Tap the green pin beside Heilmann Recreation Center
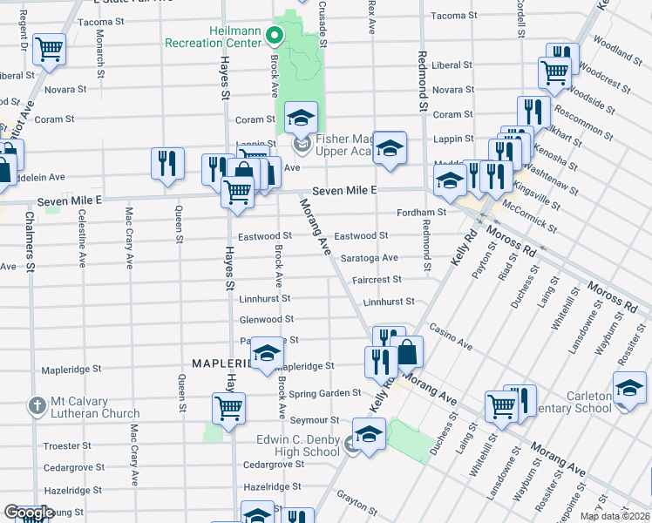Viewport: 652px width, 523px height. [x=275, y=37]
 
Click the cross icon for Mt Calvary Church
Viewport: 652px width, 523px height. [x=37, y=406]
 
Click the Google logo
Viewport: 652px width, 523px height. [x=29, y=513]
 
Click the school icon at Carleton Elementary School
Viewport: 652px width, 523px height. [x=629, y=389]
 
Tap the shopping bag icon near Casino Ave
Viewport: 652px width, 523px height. [x=407, y=351]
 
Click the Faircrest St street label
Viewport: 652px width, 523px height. [x=377, y=280]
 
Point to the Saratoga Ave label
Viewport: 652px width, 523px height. [x=369, y=258]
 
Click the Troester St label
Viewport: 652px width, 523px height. [x=61, y=445]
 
